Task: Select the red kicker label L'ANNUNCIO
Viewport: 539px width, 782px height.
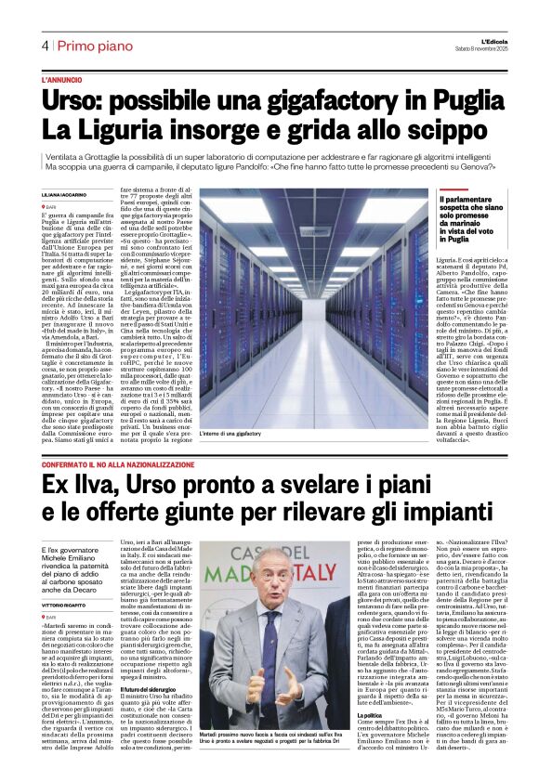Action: tap(61, 81)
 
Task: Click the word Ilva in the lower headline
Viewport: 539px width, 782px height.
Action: tap(92, 485)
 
